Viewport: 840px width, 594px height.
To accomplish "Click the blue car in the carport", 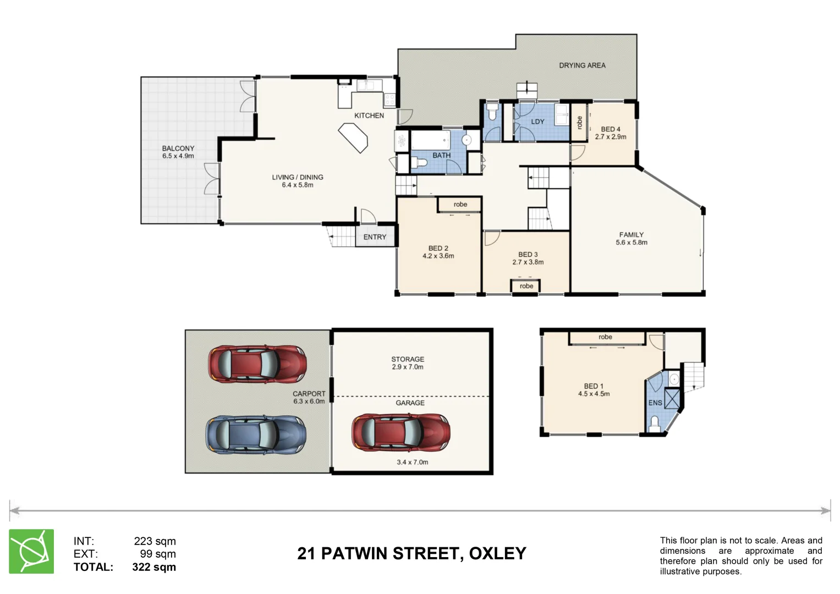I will [256, 435].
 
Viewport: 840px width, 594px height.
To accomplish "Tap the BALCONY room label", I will [178, 148].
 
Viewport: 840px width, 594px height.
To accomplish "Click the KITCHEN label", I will [369, 116].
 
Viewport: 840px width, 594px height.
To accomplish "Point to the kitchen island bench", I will [353, 137].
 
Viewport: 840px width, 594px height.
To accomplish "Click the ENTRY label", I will [375, 237].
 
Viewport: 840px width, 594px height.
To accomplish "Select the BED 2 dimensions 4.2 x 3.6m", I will [438, 256].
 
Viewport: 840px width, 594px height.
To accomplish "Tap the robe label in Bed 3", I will [526, 286].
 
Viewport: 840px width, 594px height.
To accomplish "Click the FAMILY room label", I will [631, 235].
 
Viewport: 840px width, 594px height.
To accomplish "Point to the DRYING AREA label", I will [582, 65].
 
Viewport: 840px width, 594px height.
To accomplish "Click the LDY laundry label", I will [537, 122].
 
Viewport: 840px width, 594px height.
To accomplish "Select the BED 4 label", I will [611, 129].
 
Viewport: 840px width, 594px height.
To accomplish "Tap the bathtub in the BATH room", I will [430, 140].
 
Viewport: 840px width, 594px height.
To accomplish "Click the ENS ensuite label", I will [655, 403].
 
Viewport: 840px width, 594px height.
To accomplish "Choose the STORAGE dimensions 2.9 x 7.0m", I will [408, 367].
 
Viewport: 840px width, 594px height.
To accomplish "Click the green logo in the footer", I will [31, 552].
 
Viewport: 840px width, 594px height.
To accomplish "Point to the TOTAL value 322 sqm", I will [154, 567].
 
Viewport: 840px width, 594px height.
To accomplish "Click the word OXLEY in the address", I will [497, 553].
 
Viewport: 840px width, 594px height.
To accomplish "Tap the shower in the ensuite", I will [672, 398].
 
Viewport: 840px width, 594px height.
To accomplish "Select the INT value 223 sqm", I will [155, 541].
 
